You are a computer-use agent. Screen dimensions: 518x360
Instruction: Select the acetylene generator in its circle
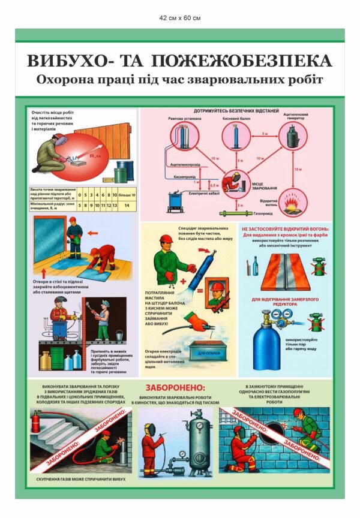pyautogui.click(x=292, y=136)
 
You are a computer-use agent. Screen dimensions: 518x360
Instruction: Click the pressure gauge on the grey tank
pyautogui.click(x=198, y=426)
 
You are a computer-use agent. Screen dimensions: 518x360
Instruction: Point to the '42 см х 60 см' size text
pyautogui.click(x=180, y=18)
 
